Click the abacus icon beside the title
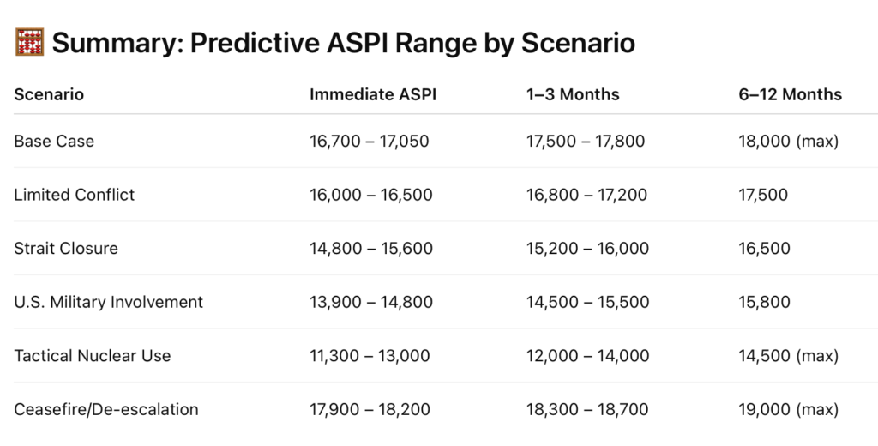click(x=29, y=43)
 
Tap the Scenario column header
click(x=49, y=94)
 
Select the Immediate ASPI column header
click(x=373, y=94)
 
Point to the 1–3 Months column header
click(x=573, y=94)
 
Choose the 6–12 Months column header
click(x=790, y=94)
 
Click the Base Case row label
click(x=54, y=142)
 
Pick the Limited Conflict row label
click(x=75, y=195)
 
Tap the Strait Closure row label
click(x=66, y=249)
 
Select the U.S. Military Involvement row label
click(x=109, y=303)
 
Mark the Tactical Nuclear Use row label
click(x=93, y=356)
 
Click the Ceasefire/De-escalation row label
click(x=106, y=410)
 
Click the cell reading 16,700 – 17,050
click(x=370, y=142)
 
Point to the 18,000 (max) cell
click(x=789, y=142)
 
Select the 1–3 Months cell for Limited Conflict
click(x=586, y=195)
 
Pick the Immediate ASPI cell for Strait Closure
click(x=371, y=249)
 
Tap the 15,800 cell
click(x=764, y=303)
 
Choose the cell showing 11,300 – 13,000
click(x=370, y=356)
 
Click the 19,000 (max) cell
click(x=789, y=410)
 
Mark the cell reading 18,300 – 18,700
click(x=587, y=410)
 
